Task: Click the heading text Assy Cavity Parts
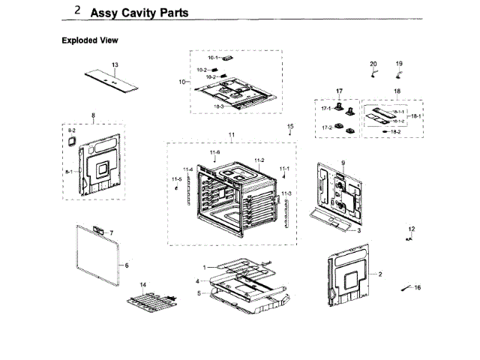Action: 139,13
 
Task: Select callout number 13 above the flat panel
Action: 115,65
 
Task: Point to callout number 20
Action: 373,64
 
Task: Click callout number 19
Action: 399,64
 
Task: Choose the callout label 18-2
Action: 396,132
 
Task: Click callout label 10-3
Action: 219,107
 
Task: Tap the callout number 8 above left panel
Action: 93,115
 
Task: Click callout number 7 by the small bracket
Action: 111,232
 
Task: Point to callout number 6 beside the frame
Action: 127,265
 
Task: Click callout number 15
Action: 290,126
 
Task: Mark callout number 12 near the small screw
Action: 411,228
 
